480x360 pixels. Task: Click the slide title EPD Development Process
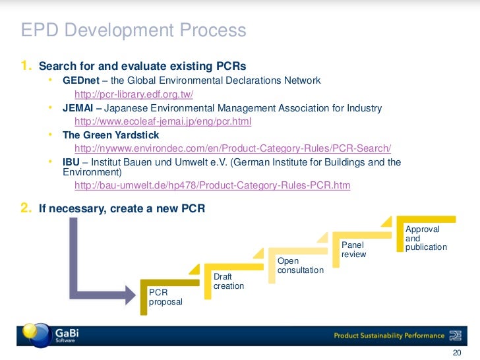tap(133, 30)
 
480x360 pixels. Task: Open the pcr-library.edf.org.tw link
tap(134, 94)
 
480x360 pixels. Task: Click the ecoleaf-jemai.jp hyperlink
tap(164, 122)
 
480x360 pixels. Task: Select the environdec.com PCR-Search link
tap(233, 148)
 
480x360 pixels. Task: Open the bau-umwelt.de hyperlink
tap(212, 186)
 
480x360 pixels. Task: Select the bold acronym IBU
tap(71, 162)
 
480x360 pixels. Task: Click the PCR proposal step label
tap(165, 297)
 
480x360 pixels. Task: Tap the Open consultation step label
tap(300, 266)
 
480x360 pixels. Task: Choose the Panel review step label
tap(353, 250)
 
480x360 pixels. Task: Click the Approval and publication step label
tap(426, 238)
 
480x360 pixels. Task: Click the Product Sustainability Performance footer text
tap(389, 336)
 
